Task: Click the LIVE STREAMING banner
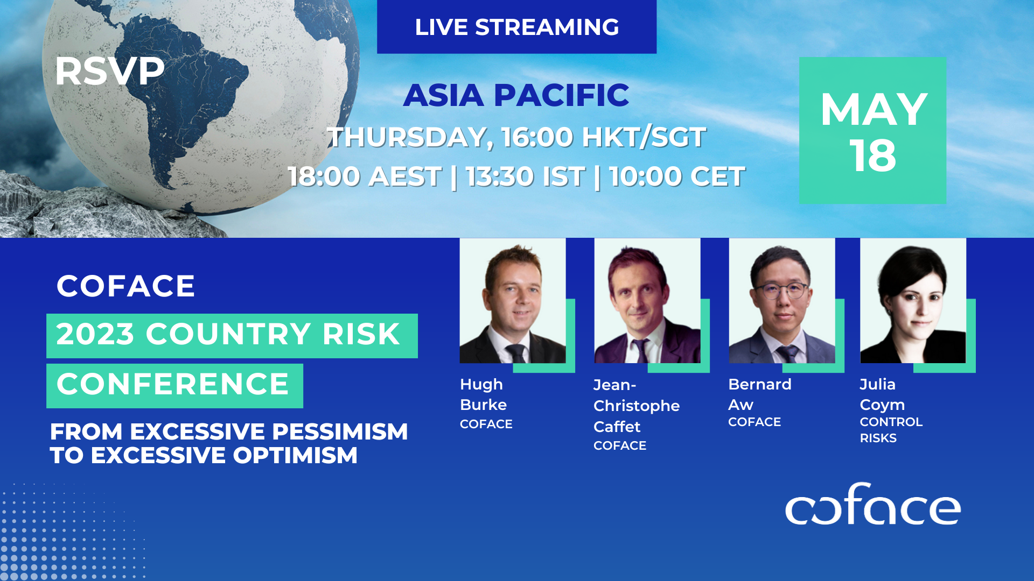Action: pyautogui.click(x=516, y=27)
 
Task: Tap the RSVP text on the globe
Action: pyautogui.click(x=109, y=71)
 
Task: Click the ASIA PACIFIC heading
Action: pyautogui.click(x=516, y=95)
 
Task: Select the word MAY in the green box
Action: pyautogui.click(x=873, y=110)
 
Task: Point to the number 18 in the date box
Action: pyautogui.click(x=873, y=156)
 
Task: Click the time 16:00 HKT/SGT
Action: pyautogui.click(x=603, y=137)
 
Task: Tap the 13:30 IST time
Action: pyautogui.click(x=525, y=176)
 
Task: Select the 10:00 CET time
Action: pyautogui.click(x=677, y=176)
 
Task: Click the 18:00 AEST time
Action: pyautogui.click(x=365, y=176)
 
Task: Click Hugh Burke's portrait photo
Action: pyautogui.click(x=513, y=301)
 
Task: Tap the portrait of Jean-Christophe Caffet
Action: pyautogui.click(x=647, y=301)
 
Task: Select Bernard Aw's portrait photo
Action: pyautogui.click(x=781, y=301)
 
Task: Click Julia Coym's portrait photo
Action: pyautogui.click(x=913, y=301)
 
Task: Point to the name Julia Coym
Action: pyautogui.click(x=882, y=394)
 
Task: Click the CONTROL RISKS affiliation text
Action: pyautogui.click(x=891, y=430)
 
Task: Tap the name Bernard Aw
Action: pyautogui.click(x=759, y=394)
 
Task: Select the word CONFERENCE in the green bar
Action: pyautogui.click(x=173, y=384)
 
